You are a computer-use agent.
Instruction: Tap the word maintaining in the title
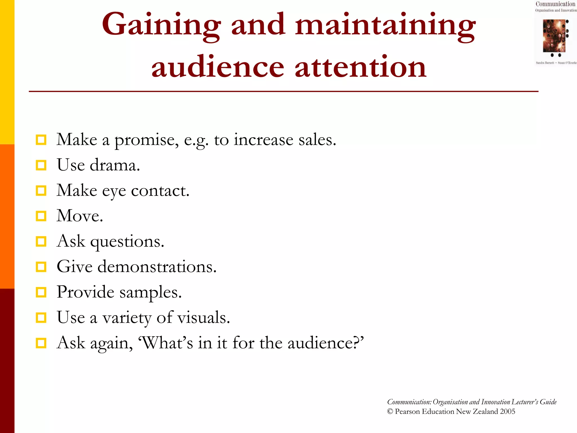tap(385, 26)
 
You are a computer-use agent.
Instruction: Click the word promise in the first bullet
tap(146, 140)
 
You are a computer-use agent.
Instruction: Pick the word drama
tap(115, 165)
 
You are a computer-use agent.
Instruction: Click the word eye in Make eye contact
tap(114, 192)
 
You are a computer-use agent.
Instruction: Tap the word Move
tap(80, 216)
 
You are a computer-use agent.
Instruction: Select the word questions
tap(127, 242)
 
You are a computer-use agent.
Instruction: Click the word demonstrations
tap(157, 267)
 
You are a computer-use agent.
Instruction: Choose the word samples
tap(150, 293)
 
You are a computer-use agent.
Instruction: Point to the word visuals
tap(204, 318)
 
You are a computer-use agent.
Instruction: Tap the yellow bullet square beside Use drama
tap(41, 165)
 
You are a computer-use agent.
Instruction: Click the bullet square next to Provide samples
tap(41, 292)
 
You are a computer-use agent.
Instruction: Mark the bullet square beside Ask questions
tap(41, 242)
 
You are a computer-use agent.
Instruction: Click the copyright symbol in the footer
tap(390, 412)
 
